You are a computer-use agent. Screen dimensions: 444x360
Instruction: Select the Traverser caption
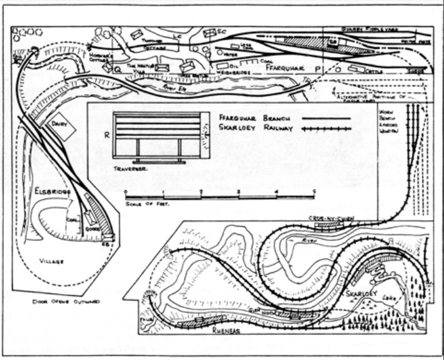tap(131, 167)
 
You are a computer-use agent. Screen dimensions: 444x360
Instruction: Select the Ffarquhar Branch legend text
tap(249, 118)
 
